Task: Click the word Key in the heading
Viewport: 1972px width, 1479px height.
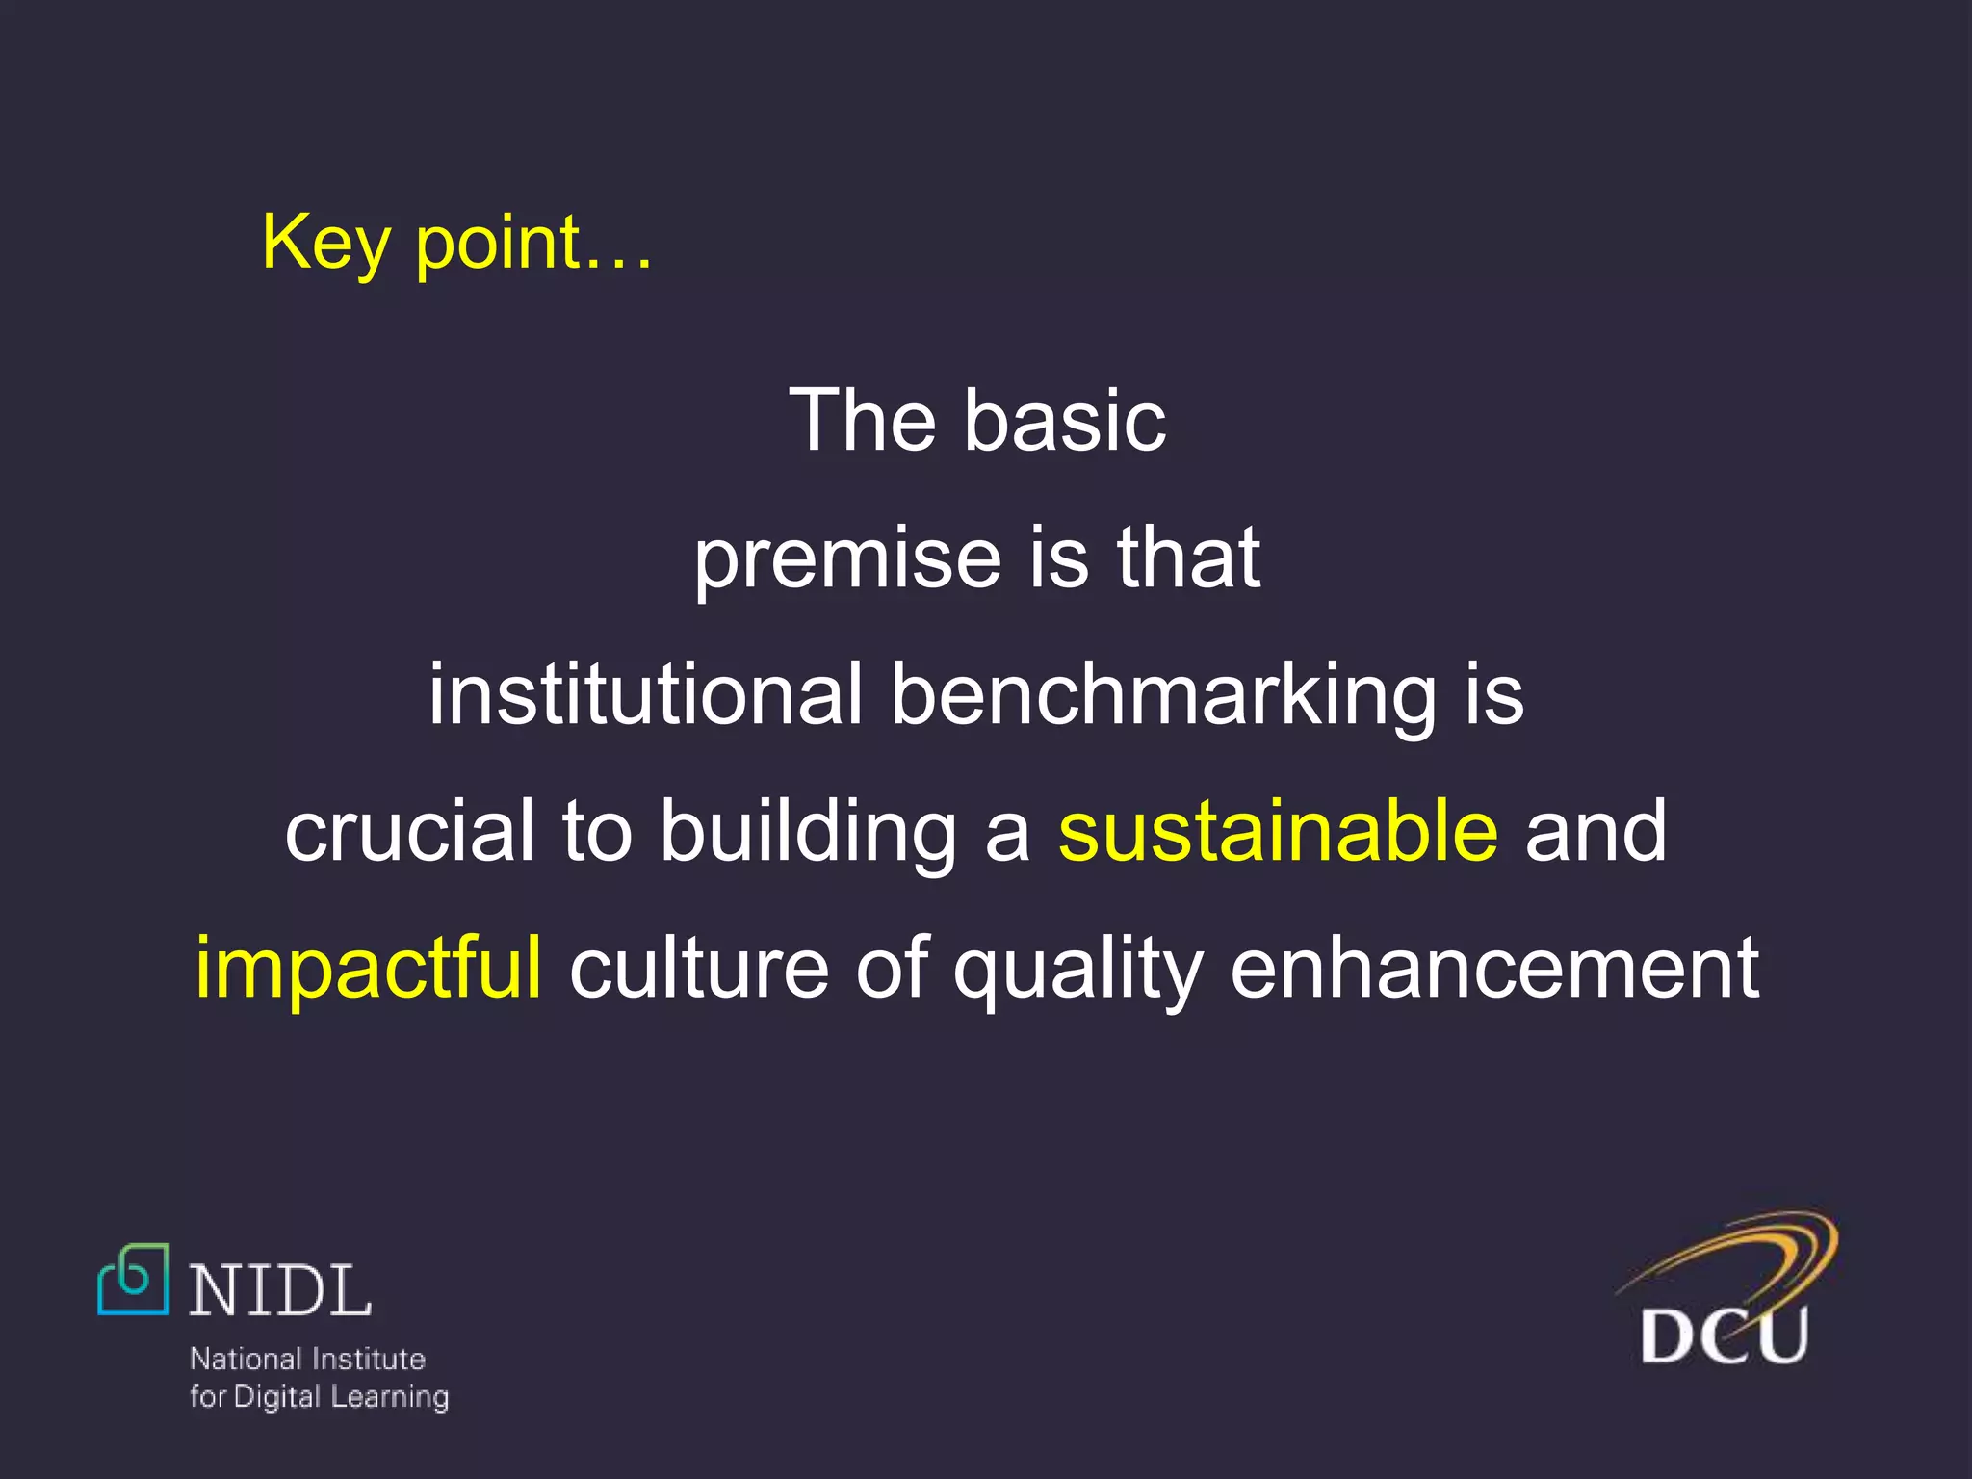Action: coord(324,243)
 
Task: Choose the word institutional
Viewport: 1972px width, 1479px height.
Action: coord(645,694)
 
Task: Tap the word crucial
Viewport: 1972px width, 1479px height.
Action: coord(409,831)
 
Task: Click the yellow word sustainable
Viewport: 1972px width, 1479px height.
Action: coord(1278,831)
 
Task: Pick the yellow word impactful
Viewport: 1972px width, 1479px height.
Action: coord(368,969)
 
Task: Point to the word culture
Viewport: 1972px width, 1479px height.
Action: coord(699,969)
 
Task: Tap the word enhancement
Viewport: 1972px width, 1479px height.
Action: coord(1494,969)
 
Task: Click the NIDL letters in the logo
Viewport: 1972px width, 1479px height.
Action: coord(280,1291)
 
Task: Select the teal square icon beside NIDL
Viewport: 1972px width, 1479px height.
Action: coord(134,1280)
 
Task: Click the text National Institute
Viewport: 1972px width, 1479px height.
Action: coord(307,1359)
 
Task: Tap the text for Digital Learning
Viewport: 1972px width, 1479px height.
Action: coord(319,1396)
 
